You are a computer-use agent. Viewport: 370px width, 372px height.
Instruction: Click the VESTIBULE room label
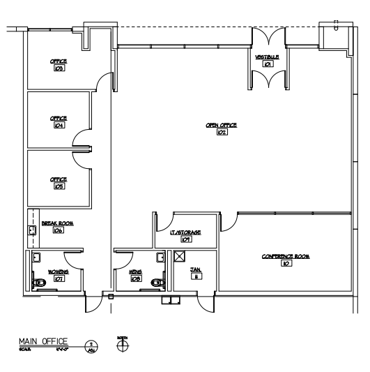point(268,57)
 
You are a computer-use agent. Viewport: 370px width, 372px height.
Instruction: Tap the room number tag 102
point(222,132)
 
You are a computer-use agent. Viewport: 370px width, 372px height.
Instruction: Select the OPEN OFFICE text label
point(221,125)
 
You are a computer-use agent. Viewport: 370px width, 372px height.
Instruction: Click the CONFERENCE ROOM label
point(286,256)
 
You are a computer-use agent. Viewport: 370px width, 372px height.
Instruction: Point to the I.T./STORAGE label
point(185,232)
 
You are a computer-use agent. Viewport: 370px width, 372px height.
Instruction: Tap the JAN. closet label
point(196,269)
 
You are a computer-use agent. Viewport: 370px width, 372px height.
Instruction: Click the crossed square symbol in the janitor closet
point(179,256)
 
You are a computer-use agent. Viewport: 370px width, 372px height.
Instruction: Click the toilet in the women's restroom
point(40,283)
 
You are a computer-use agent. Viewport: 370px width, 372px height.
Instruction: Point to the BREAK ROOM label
point(58,223)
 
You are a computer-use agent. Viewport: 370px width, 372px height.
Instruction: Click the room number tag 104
point(59,126)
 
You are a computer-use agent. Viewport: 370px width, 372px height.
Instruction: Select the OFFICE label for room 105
point(59,179)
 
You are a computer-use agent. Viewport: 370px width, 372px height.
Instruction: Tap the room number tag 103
point(59,69)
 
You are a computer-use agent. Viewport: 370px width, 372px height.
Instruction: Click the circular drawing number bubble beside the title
point(91,344)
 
